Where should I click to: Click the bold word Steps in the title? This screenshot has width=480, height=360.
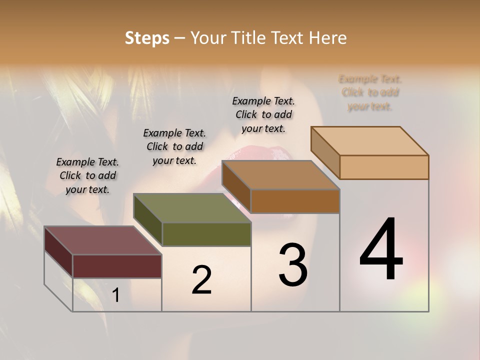tap(147, 38)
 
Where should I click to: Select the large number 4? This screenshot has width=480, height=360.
tap(381, 250)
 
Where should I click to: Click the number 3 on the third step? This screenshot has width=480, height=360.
tap(293, 265)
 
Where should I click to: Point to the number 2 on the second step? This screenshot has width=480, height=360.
tap(201, 280)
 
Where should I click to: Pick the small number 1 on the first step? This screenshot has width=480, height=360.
tap(116, 295)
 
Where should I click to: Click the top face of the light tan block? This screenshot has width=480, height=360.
tap(370, 141)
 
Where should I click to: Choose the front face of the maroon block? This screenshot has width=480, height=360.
tap(117, 266)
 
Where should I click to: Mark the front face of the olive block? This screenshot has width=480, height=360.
tap(206, 234)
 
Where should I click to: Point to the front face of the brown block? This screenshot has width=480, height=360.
tap(295, 201)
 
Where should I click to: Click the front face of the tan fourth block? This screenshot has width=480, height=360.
tap(384, 167)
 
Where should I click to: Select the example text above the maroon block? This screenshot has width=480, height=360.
tap(87, 175)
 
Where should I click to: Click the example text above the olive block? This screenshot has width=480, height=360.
tap(174, 146)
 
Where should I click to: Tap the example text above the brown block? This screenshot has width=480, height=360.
tap(263, 114)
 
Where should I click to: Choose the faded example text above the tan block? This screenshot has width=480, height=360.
tap(370, 92)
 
